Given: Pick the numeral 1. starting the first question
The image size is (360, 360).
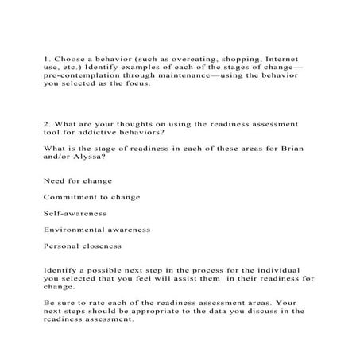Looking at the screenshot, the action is point(47,59).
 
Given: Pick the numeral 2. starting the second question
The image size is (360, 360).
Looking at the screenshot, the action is point(47,125).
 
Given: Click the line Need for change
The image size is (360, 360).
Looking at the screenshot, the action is point(78,180).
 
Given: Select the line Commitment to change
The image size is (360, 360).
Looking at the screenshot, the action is point(91,197).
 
